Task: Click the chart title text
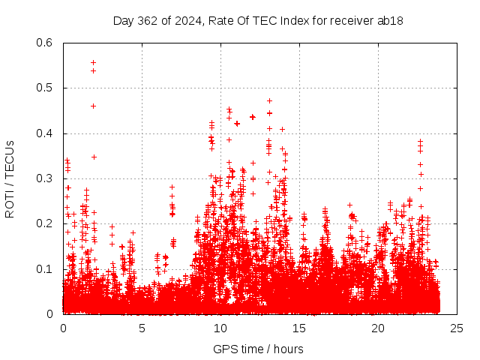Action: tap(258, 21)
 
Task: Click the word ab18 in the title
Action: tap(391, 21)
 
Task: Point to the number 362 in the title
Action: tap(154, 21)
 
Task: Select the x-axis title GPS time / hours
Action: tap(258, 349)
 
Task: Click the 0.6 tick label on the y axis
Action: tap(46, 43)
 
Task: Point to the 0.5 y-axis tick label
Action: tap(46, 88)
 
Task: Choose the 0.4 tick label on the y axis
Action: tap(46, 133)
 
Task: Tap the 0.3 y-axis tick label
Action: tap(46, 178)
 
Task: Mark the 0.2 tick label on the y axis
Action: tap(46, 223)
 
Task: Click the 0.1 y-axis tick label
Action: tap(46, 268)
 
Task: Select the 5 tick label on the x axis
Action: tap(142, 328)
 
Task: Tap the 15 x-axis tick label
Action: tap(299, 328)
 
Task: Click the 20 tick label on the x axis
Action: tap(378, 328)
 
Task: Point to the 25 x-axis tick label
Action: tap(457, 328)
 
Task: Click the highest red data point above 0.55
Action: tap(93, 62)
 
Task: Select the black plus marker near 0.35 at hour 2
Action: tap(94, 157)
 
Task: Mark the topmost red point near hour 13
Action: tap(269, 100)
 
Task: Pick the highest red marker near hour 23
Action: tap(420, 140)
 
